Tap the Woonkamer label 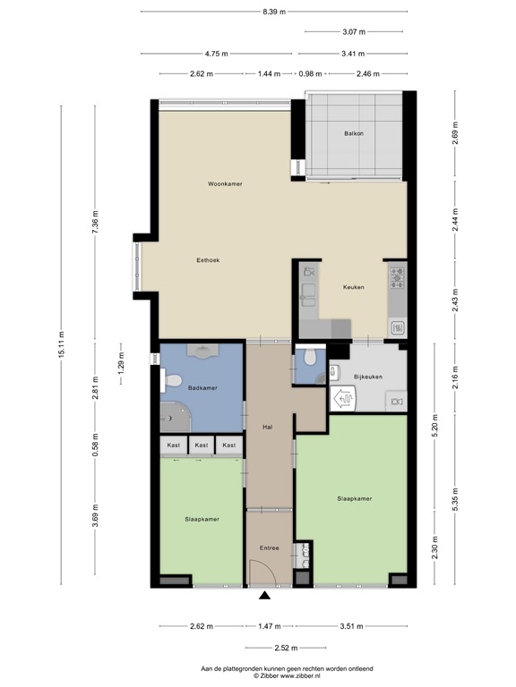click(x=225, y=184)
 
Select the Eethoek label click(x=209, y=260)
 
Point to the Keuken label click(x=353, y=288)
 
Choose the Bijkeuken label click(x=368, y=377)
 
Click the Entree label click(x=270, y=547)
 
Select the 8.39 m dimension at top click(x=274, y=12)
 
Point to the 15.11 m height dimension click(x=62, y=344)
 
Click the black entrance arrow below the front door click(x=265, y=596)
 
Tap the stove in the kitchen click(x=396, y=277)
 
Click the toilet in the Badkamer click(x=169, y=382)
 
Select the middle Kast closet click(x=202, y=445)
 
